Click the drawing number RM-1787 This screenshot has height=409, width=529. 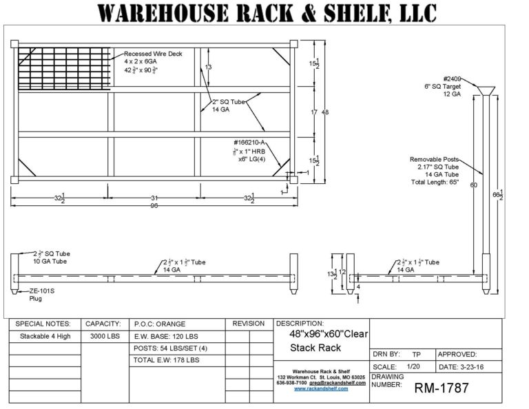442,388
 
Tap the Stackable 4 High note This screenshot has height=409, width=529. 43,337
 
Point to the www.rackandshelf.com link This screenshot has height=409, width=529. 321,388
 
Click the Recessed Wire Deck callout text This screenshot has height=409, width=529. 153,53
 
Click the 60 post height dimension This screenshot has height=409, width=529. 473,185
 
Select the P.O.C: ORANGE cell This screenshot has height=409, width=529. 160,324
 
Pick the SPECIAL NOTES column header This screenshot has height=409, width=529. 43,324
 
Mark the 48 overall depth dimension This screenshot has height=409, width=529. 325,112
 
